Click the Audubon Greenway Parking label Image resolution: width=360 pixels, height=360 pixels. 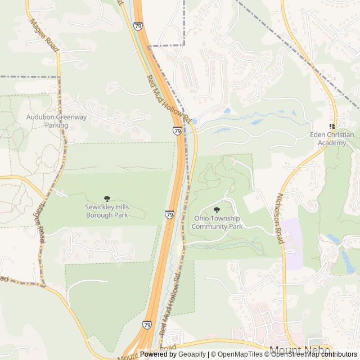(x=57, y=121)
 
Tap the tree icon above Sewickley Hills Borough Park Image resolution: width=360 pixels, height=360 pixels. (x=107, y=199)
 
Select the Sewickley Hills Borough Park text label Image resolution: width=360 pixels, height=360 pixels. (x=107, y=211)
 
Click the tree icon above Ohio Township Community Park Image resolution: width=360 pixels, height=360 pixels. (x=217, y=210)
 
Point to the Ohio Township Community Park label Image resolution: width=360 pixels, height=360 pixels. (x=217, y=222)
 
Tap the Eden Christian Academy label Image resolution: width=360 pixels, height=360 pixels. (x=332, y=139)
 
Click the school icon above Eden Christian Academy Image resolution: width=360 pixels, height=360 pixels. (x=332, y=127)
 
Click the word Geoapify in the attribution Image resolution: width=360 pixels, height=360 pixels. (x=192, y=354)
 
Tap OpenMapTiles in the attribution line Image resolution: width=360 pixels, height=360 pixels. (x=233, y=354)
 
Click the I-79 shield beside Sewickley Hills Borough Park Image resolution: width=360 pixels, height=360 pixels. (x=169, y=214)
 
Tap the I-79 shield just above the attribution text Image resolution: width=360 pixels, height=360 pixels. (x=147, y=325)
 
